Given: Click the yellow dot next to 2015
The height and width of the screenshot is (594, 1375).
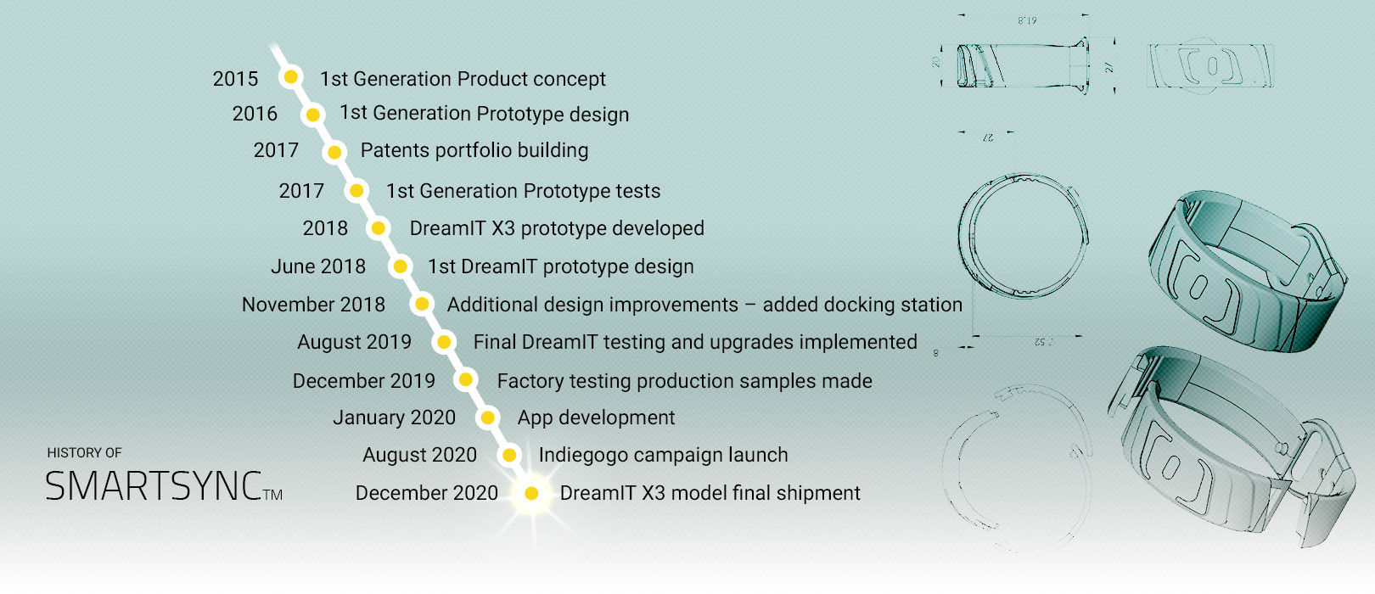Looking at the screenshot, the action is tap(291, 77).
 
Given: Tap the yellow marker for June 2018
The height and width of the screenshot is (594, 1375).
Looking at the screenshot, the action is tap(401, 266).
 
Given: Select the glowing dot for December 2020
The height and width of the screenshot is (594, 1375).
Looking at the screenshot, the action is tap(531, 493).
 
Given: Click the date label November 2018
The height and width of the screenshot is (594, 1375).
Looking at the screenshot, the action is tap(313, 305).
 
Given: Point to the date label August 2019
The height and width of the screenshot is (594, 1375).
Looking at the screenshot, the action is tap(354, 342).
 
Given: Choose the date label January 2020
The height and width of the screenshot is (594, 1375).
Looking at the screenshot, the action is tap(394, 417).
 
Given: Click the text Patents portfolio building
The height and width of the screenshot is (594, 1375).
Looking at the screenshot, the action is tap(474, 150).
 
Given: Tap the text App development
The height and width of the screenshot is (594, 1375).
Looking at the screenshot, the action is tap(596, 417).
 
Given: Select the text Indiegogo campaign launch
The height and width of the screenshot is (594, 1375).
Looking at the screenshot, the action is tap(663, 455).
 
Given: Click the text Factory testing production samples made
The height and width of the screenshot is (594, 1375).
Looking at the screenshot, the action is tap(684, 381).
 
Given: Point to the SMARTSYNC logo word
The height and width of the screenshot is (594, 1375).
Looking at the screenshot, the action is tap(154, 486).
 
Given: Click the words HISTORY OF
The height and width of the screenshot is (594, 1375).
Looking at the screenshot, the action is tap(84, 453).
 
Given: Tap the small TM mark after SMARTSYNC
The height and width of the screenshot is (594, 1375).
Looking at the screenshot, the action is tap(272, 495).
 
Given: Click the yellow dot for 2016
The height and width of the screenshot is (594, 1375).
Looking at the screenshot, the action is tap(312, 115).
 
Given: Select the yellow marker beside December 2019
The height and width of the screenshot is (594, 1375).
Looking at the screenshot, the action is tap(466, 380).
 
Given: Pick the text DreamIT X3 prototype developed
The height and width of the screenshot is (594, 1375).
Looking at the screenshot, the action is tap(557, 228).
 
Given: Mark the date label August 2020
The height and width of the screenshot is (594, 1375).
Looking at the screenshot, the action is tap(419, 455).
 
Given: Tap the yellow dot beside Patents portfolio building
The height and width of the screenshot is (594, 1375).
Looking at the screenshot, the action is tap(334, 152).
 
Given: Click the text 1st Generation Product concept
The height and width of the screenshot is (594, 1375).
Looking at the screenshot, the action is tap(463, 79).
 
